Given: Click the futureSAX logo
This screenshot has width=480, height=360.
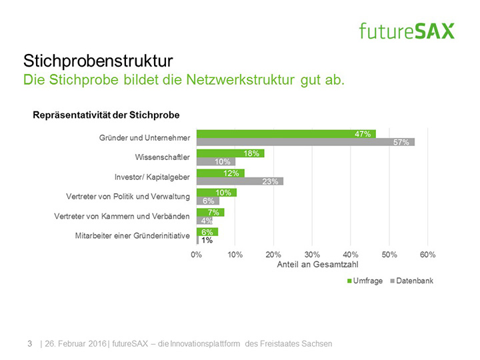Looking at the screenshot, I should [406, 31].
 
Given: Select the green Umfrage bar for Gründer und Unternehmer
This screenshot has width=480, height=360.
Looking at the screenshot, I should [286, 134].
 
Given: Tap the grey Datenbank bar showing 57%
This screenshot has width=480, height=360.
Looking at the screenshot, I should [305, 142].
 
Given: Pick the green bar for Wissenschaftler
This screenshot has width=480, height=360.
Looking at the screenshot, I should [230, 153].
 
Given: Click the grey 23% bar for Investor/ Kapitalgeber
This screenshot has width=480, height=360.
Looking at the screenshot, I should [240, 181].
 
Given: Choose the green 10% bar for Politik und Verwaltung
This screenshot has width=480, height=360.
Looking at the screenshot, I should [216, 193].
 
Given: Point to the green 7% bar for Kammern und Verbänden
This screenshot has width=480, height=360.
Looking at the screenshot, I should [210, 212].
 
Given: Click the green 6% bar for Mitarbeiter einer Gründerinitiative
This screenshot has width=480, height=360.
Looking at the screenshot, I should [207, 231].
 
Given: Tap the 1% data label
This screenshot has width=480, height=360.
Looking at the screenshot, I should [207, 240].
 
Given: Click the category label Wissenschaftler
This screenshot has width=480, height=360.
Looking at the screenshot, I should [163, 157].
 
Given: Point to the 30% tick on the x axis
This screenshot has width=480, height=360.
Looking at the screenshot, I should [313, 255].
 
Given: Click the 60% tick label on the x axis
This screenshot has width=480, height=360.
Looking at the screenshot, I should [428, 255].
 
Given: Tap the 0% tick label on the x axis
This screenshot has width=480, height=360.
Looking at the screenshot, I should [197, 255].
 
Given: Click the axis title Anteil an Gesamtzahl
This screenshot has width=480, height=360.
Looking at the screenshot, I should [313, 265].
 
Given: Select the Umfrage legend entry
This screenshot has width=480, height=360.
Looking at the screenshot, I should [365, 281].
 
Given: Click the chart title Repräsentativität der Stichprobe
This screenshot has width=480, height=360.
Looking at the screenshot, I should [106, 115].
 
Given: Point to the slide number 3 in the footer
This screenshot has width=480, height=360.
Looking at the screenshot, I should [29, 343].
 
